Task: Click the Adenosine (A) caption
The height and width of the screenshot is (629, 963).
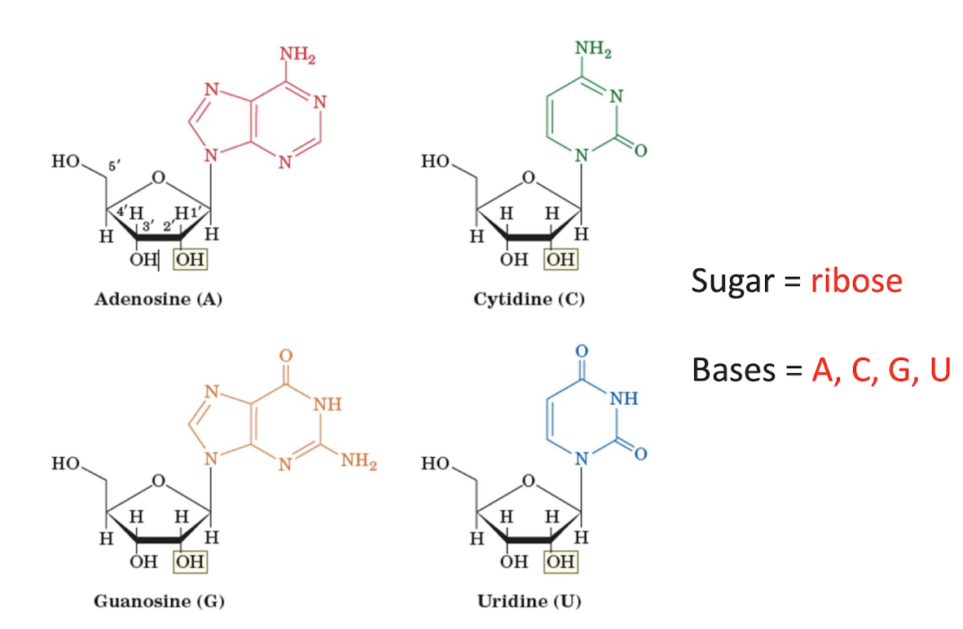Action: coord(158,299)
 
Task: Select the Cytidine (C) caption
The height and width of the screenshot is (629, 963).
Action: coord(529,299)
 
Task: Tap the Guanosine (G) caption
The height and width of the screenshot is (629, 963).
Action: coord(159,602)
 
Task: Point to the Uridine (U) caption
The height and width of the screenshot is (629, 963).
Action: coord(529,602)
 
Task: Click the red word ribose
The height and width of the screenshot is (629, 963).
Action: coord(856,281)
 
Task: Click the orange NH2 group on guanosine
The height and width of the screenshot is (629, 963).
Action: coord(359,463)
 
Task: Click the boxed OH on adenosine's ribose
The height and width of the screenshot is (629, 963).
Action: coord(191,260)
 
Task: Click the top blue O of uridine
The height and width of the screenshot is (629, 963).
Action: coord(581,350)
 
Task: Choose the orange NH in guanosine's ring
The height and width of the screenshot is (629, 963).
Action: coord(327,403)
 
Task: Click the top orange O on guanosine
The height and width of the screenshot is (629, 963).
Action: coord(285,355)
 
